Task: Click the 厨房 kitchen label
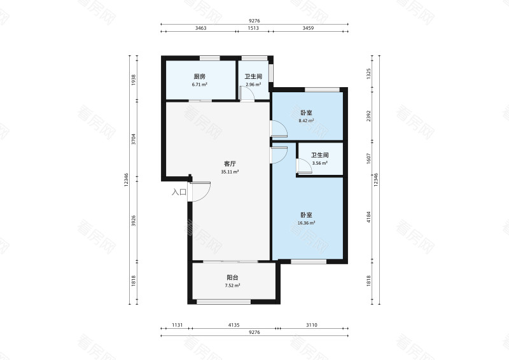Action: (200, 76)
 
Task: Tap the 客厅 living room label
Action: (230, 164)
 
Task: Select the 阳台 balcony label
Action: (232, 277)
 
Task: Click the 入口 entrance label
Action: (179, 192)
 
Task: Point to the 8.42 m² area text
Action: (306, 121)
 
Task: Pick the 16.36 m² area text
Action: (307, 223)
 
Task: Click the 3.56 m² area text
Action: (320, 163)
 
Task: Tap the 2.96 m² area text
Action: (253, 85)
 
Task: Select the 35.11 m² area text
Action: (230, 172)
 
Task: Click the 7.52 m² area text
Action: (232, 286)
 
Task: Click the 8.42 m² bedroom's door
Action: (279, 128)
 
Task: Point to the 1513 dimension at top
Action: (253, 28)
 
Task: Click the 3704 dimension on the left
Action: (134, 139)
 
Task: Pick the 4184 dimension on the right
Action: (368, 217)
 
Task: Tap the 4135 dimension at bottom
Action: (234, 324)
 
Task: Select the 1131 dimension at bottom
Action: (178, 324)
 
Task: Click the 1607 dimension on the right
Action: (368, 158)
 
